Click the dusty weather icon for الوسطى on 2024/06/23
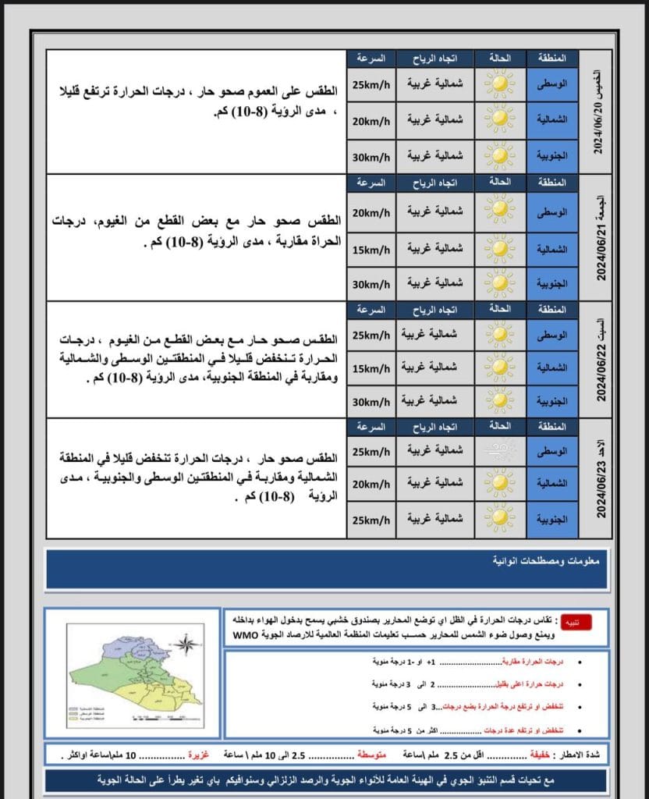(498, 450)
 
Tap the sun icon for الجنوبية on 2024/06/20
(498, 155)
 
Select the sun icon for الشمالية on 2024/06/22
(498, 368)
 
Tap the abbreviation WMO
(246, 635)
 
